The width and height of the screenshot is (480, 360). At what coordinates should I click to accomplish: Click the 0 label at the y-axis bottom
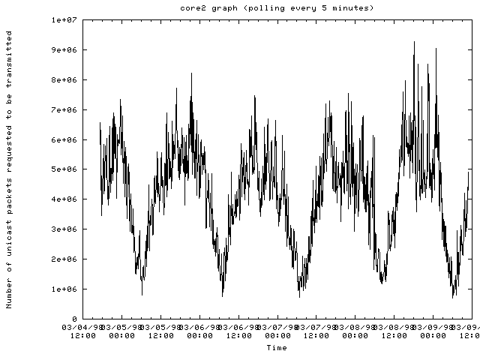[74, 319]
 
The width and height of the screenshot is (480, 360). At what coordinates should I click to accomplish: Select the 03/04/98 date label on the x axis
[82, 328]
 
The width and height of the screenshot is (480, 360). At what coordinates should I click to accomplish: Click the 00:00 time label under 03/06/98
[199, 336]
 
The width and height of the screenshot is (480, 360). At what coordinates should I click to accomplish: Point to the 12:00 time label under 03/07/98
[316, 336]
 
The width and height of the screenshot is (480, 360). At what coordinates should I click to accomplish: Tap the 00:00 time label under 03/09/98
[433, 336]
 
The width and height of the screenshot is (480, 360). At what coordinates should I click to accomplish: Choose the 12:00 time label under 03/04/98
[82, 336]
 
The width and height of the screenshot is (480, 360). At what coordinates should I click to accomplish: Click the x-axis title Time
[277, 348]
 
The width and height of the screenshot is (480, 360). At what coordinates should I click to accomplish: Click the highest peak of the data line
[414, 42]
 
